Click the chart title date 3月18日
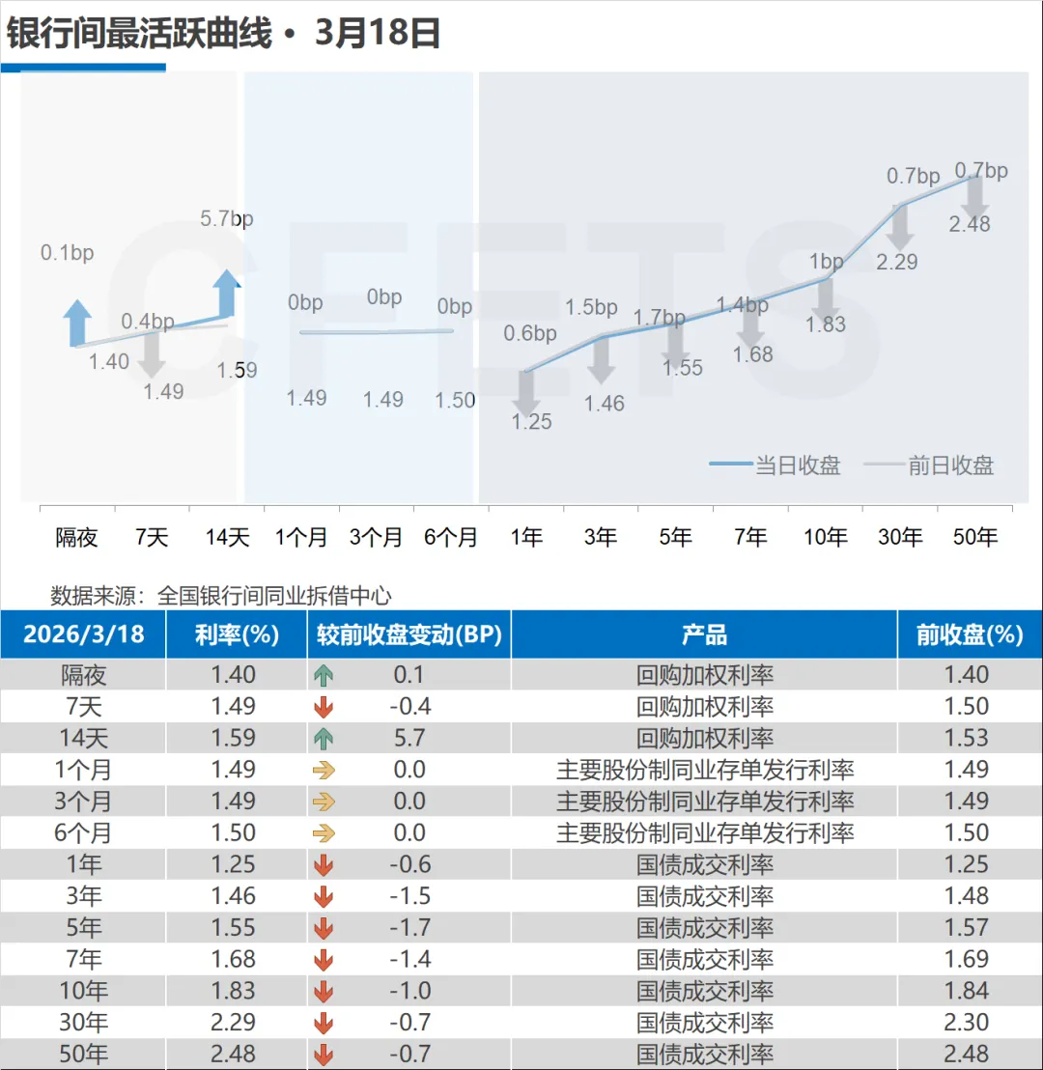378,34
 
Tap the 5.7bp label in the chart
226,219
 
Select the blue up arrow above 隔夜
77,322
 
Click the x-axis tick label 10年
826,537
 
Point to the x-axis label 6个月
451,537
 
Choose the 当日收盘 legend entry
775,465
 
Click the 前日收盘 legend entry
929,465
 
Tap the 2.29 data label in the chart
896,262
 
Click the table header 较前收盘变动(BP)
409,634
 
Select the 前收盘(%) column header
969,634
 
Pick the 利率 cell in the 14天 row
234,738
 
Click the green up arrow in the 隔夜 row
324,675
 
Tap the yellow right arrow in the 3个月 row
324,802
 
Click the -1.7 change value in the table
409,928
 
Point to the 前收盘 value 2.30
967,1023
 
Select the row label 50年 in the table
84,1054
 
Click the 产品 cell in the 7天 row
704,707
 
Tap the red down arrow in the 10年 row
324,992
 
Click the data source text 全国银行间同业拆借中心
273,596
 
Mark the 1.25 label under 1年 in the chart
531,421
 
